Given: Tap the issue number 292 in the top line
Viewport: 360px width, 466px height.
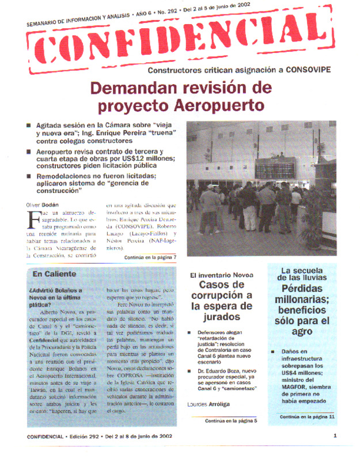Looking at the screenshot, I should [x=165, y=11].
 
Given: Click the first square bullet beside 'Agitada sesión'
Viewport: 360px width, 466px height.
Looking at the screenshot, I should [x=29, y=125].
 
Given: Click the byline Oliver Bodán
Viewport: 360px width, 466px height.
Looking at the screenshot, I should [x=41, y=204].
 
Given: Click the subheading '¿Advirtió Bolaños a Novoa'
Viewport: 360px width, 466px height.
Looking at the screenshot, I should [x=55, y=290].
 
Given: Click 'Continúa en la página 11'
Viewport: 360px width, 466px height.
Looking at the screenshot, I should [x=307, y=416].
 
